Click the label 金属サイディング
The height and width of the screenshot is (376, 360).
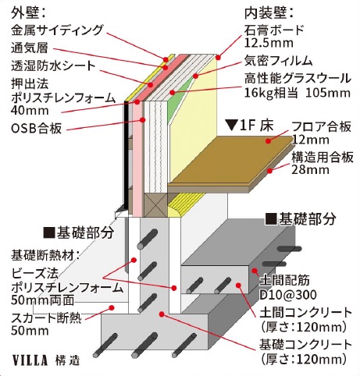click(x=57, y=30)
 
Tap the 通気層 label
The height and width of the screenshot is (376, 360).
click(x=30, y=48)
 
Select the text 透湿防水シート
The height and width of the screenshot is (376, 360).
click(x=53, y=66)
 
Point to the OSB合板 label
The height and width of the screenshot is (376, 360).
click(x=37, y=128)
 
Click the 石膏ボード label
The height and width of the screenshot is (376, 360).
click(x=274, y=30)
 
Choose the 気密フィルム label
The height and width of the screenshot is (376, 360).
click(x=278, y=61)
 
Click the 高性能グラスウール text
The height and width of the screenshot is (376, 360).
click(x=298, y=79)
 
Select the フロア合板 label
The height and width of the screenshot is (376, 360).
click(x=322, y=126)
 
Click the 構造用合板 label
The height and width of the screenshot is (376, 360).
click(x=323, y=158)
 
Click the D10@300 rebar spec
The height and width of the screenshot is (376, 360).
click(x=288, y=295)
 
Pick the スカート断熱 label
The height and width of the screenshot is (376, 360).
click(x=46, y=317)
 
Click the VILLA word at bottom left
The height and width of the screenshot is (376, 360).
click(x=30, y=360)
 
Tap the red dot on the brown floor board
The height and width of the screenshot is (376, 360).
click(x=269, y=141)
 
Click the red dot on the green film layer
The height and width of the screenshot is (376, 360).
click(x=195, y=76)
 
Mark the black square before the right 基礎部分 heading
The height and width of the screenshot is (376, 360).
click(x=271, y=218)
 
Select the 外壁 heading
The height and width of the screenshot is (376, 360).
click(x=28, y=12)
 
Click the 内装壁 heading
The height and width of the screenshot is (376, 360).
click(x=269, y=12)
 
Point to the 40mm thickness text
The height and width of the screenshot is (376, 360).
click(x=30, y=111)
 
